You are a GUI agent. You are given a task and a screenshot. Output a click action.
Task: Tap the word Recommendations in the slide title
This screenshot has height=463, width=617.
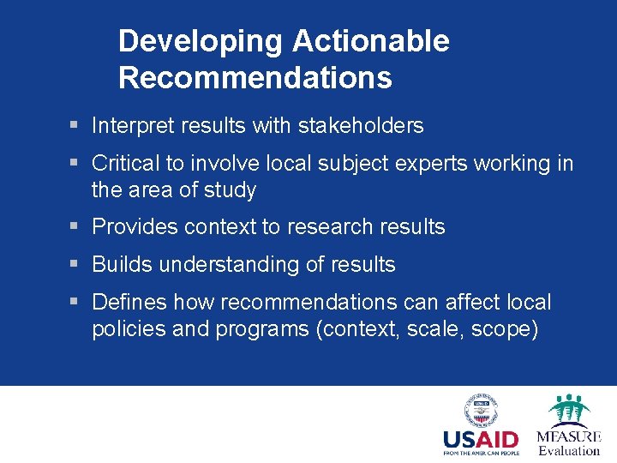(x=255, y=78)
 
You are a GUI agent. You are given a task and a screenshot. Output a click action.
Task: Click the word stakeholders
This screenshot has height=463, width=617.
(x=361, y=126)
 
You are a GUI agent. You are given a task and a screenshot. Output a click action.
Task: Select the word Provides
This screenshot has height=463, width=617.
(x=133, y=227)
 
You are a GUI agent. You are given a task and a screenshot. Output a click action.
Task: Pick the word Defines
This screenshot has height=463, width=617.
(x=129, y=303)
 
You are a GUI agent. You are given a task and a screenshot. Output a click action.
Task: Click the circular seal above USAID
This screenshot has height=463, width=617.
(x=481, y=411)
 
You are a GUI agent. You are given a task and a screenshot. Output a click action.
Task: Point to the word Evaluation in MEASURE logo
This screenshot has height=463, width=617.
(x=569, y=451)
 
